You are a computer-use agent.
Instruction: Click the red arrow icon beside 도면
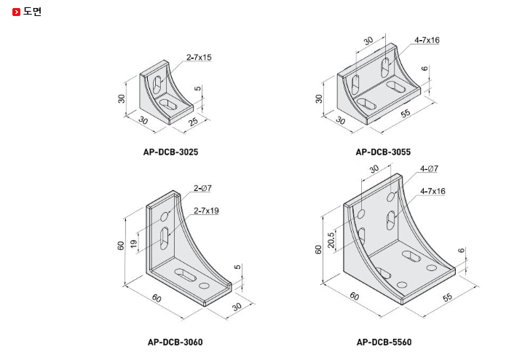point(16,12)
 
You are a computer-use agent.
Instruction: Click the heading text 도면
point(32,12)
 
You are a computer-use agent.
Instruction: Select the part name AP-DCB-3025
point(171,152)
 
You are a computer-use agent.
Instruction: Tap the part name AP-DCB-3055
point(383,152)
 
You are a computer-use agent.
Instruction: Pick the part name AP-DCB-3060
point(175,342)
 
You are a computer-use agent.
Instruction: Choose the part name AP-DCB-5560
point(384,342)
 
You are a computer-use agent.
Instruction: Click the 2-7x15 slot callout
point(199,58)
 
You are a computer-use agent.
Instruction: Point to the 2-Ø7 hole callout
point(202,188)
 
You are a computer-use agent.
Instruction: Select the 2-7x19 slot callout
point(206,211)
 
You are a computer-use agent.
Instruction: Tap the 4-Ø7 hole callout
point(429,168)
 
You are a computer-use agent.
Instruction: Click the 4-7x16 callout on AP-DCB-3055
point(427,40)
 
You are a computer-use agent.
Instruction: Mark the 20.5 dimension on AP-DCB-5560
point(331,240)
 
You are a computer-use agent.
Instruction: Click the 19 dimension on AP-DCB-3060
point(133,244)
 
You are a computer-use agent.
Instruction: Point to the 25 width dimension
point(193,122)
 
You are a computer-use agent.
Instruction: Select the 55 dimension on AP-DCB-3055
point(405,113)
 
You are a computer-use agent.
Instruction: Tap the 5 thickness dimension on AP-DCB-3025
point(198,88)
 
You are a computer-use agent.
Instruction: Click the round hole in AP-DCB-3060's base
point(204,286)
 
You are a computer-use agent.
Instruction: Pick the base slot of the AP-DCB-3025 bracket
point(168,103)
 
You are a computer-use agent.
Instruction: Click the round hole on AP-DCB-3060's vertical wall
point(165,216)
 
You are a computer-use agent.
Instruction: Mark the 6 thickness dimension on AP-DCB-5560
point(462,251)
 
